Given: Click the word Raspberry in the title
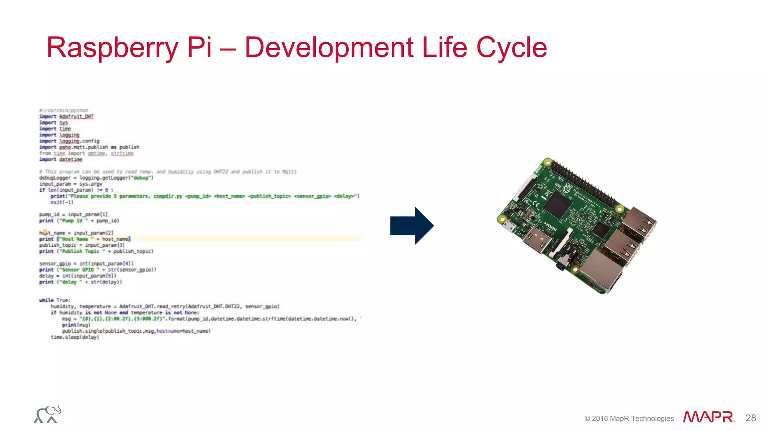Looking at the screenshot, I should click(112, 48).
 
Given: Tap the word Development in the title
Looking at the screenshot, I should click(329, 48).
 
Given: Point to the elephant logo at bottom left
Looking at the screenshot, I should click(48, 415).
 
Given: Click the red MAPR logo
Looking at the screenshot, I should click(708, 417).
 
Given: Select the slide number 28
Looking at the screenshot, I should click(751, 418).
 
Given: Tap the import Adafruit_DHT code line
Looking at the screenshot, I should click(67, 116).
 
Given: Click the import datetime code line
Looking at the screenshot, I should click(61, 159).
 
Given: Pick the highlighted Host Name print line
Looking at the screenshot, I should click(85, 239).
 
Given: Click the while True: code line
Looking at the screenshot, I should click(55, 300).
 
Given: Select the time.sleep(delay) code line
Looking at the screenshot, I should click(75, 337).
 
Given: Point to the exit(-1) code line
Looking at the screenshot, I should click(62, 202).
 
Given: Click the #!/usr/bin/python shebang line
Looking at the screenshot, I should click(64, 110).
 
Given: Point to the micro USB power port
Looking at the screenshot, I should click(508, 226).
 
